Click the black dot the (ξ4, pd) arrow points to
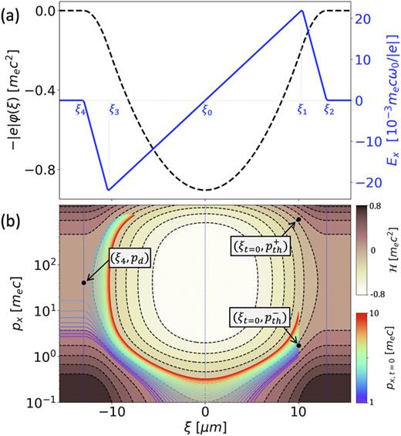pyautogui.click(x=83, y=282)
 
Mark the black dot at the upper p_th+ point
pyautogui.click(x=298, y=220)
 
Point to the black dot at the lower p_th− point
pyautogui.click(x=298, y=346)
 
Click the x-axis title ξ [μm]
pyautogui.click(x=204, y=427)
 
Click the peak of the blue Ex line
pyautogui.click(x=302, y=10)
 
